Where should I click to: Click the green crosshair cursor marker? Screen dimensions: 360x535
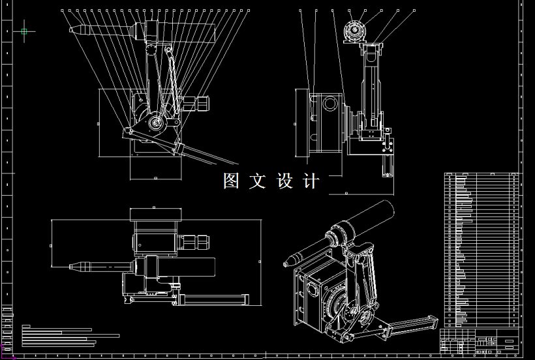click(x=24, y=31)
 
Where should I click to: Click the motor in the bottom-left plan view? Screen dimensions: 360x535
click(x=194, y=242)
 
